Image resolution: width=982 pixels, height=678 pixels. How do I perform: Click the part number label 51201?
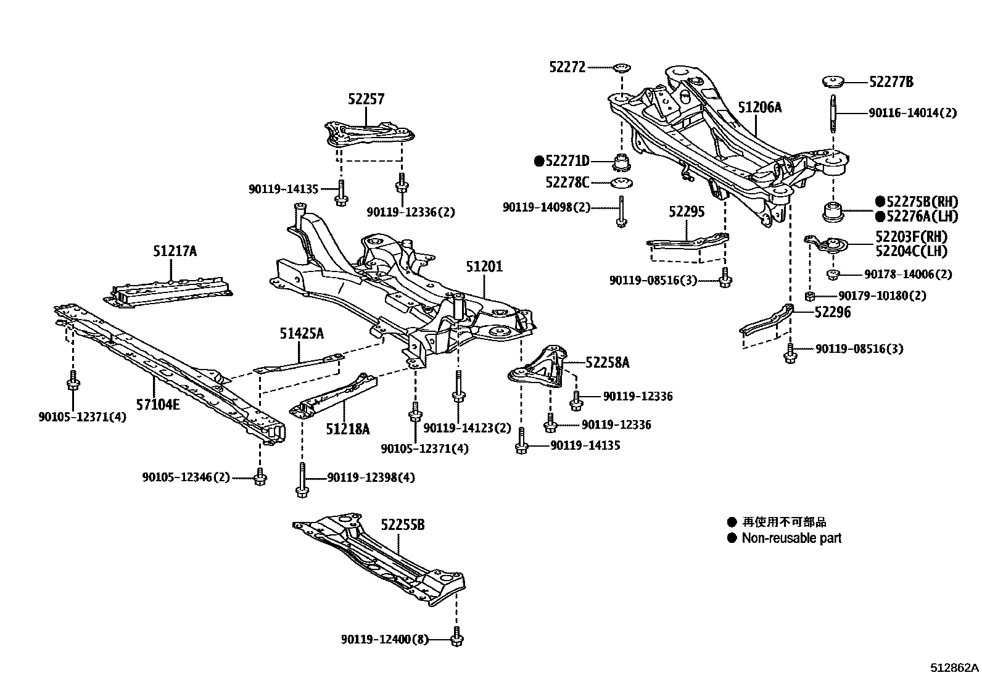[484, 267]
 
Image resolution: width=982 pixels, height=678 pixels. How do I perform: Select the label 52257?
[366, 99]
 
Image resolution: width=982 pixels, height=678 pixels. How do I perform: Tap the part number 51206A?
[759, 107]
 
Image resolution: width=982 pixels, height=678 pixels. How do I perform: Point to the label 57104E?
[158, 405]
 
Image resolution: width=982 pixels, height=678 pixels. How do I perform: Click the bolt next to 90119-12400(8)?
[457, 637]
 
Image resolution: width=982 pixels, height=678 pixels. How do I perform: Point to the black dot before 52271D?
[538, 162]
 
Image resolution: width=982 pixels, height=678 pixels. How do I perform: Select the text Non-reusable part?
[791, 538]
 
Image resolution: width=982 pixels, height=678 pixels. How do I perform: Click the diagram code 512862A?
[954, 668]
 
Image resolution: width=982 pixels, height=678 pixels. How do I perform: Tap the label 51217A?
[175, 250]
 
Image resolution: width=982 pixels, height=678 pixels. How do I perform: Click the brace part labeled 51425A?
[299, 365]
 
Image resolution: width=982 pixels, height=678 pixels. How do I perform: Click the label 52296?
[831, 312]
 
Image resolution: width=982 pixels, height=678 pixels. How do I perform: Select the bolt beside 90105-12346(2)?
[260, 477]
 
